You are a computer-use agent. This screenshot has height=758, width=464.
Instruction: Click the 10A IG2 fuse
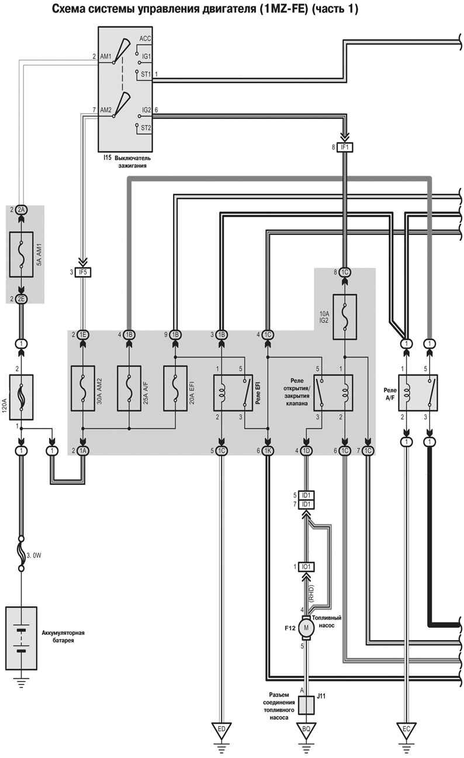coord(345,316)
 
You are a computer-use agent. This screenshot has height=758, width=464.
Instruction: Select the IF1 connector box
coord(345,147)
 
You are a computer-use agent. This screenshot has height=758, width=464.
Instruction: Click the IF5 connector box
coord(82,272)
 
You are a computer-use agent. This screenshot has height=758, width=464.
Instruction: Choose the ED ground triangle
coord(221,729)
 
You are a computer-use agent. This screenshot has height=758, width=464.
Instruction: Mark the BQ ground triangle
coord(306,729)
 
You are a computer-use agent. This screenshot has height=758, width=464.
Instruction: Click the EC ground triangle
coord(405,729)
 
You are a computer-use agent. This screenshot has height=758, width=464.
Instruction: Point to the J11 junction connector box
coord(306,704)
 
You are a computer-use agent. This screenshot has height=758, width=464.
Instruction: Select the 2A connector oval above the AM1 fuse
coord(21,209)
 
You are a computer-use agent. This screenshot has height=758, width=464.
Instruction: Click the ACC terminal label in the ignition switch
coord(146,39)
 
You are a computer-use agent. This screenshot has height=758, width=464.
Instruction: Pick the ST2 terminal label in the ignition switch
coord(146,127)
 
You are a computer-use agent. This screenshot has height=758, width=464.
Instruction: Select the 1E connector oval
coord(82,334)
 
